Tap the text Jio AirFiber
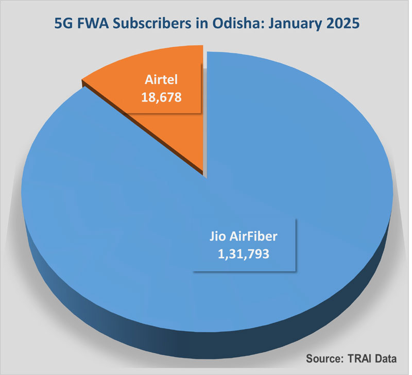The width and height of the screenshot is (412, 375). pyautogui.click(x=245, y=238)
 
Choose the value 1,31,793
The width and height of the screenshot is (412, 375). pyautogui.click(x=245, y=253)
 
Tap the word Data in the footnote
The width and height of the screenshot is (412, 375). pyautogui.click(x=387, y=359)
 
